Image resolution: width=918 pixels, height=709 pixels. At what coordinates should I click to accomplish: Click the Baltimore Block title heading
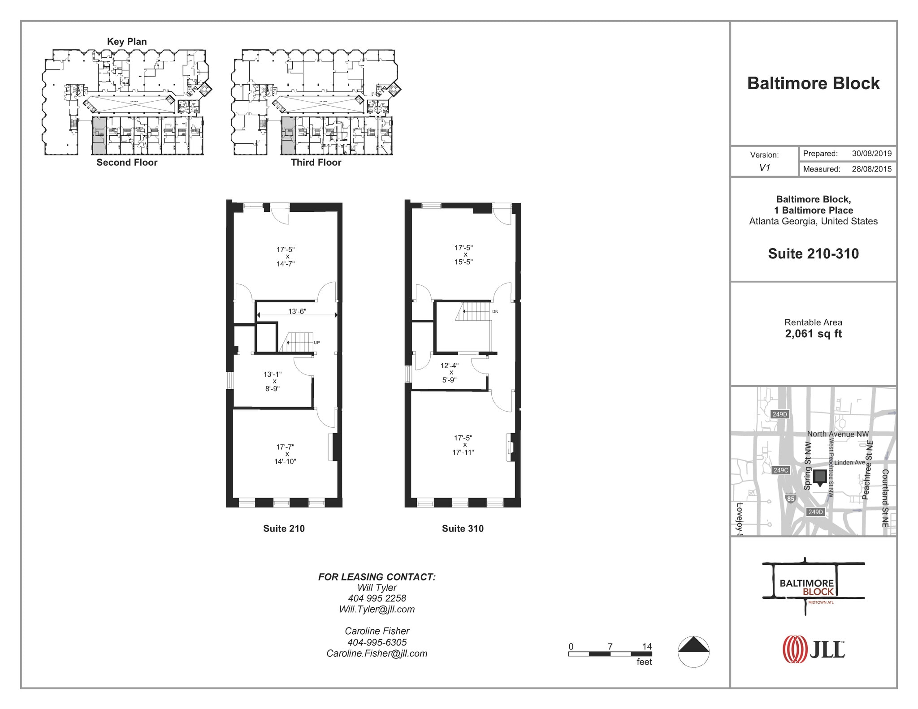click(x=813, y=84)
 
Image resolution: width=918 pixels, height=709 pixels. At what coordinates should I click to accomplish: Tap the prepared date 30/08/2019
click(x=871, y=154)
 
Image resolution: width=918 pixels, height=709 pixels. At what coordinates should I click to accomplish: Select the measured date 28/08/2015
click(x=871, y=169)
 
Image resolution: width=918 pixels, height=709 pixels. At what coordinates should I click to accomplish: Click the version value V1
click(x=764, y=168)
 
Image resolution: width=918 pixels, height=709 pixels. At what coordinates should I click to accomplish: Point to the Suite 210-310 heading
click(x=813, y=254)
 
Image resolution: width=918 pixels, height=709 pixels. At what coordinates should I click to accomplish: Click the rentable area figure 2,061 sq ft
click(x=813, y=334)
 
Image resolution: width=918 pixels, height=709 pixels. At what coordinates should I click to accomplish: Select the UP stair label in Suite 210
click(x=316, y=343)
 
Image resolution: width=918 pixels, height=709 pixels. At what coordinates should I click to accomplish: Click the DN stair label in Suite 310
click(x=495, y=312)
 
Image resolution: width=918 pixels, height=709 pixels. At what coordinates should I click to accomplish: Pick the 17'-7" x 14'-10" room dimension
click(x=285, y=454)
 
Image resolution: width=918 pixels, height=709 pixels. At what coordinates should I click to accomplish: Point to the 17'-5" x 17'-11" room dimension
click(x=463, y=445)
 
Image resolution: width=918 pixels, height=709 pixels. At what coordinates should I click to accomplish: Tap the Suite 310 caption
click(x=463, y=529)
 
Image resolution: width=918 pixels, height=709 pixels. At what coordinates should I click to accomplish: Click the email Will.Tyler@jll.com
click(x=377, y=610)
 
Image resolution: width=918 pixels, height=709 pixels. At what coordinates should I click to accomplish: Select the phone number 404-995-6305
click(x=377, y=642)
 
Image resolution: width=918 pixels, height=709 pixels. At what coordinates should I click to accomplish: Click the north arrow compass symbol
click(x=693, y=652)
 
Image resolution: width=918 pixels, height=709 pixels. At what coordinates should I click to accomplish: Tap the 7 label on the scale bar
click(x=610, y=647)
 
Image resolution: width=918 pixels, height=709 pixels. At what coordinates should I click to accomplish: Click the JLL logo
click(x=813, y=649)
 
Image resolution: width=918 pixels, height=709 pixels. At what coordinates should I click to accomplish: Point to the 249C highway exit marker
click(x=780, y=470)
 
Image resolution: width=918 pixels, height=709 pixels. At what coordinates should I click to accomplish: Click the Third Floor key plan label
click(x=316, y=163)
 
